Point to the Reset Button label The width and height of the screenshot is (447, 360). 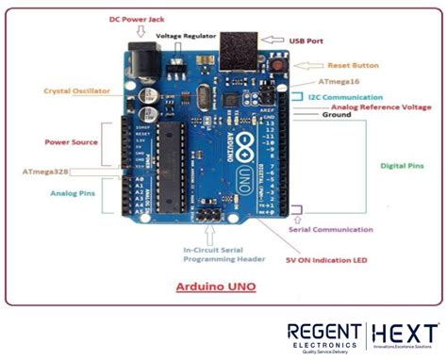click(355, 65)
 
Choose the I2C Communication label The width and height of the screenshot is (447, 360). click(350, 97)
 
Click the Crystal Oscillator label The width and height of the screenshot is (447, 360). click(77, 91)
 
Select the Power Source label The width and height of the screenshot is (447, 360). click(72, 142)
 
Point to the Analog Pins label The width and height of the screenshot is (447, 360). click(73, 193)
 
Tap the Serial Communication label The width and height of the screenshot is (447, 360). click(332, 228)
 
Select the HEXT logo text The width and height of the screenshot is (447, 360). click(405, 334)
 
